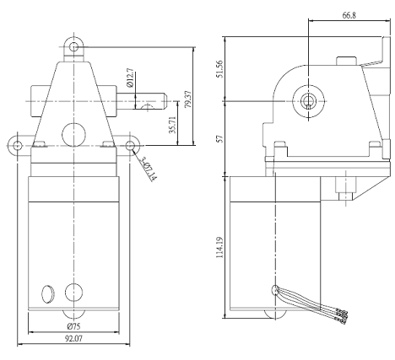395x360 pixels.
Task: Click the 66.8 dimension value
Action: point(348,15)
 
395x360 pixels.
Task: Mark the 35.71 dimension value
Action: point(171,126)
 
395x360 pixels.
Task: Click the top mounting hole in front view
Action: point(74,44)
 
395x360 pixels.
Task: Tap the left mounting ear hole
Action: point(17,146)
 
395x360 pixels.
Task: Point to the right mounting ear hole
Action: point(132,146)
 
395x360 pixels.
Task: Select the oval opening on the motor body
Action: point(47,292)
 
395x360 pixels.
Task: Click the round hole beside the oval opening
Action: point(74,291)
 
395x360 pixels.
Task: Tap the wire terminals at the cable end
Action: point(343,316)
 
